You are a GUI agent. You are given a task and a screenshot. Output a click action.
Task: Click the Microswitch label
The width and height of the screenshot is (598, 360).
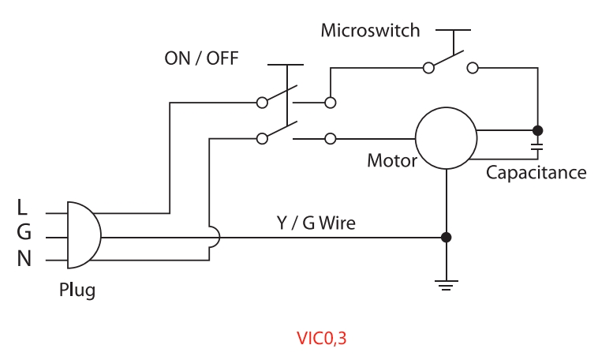tap(370, 32)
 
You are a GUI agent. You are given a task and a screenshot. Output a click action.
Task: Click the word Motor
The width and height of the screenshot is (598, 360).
tap(391, 161)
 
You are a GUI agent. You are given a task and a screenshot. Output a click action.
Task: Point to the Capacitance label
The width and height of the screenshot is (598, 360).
tap(536, 171)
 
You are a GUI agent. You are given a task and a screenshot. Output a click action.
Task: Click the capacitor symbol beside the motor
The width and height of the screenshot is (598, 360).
tap(537, 147)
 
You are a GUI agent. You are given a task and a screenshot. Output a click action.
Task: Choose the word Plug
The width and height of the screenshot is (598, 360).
tap(77, 290)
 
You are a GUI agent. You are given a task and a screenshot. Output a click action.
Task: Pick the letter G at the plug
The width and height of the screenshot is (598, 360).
tap(24, 233)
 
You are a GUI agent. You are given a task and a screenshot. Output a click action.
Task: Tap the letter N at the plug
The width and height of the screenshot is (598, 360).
tap(24, 258)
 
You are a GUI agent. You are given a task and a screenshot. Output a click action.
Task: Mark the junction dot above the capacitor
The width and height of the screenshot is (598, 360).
tap(537, 129)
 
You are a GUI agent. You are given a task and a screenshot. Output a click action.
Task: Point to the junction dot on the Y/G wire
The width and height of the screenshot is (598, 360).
tap(447, 237)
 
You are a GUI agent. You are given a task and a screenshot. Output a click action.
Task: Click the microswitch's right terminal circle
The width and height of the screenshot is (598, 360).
tap(473, 68)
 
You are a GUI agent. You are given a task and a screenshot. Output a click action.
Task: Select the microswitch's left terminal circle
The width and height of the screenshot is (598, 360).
tap(428, 68)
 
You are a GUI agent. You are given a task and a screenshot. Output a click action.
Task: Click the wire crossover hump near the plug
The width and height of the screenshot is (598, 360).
tap(213, 237)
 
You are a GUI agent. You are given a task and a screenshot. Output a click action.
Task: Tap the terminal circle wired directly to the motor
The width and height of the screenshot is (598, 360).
tap(330, 139)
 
